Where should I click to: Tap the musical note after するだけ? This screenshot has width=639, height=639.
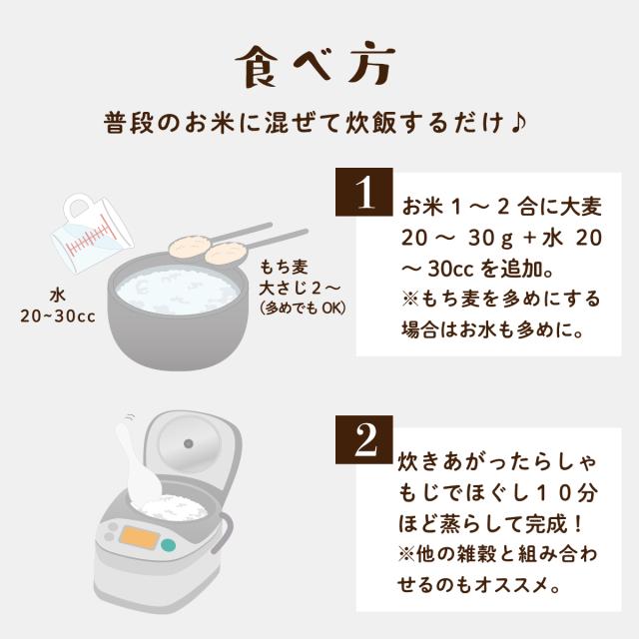pos(518,122)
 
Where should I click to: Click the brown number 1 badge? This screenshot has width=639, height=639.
pos(363,192)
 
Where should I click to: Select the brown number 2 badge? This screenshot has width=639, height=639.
pos(363,439)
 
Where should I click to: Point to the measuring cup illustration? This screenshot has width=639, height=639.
pos(92,233)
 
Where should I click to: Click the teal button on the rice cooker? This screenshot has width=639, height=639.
pos(168,545)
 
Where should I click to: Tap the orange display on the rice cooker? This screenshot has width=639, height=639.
pos(140,537)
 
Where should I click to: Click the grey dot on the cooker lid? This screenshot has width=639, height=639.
pos(188,443)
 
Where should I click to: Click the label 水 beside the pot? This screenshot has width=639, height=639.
pos(58,296)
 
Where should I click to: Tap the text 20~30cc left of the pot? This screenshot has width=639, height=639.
pos(58,317)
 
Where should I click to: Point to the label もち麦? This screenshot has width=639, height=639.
pos(284,268)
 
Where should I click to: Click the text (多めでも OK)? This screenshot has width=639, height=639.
pos(303,309)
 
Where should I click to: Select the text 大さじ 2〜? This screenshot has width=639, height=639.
pos(300,289)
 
